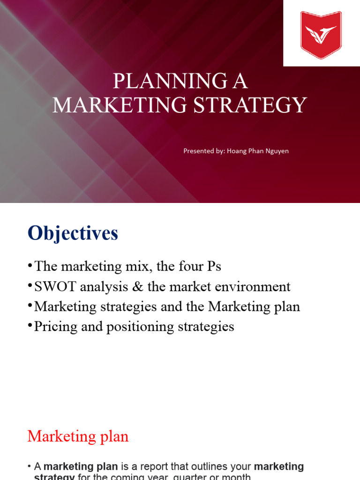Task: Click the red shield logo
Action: coord(321,34)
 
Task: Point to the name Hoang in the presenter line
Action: coord(237,151)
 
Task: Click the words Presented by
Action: coord(203,151)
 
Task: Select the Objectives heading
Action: coord(73,233)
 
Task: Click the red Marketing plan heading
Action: coord(78,436)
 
